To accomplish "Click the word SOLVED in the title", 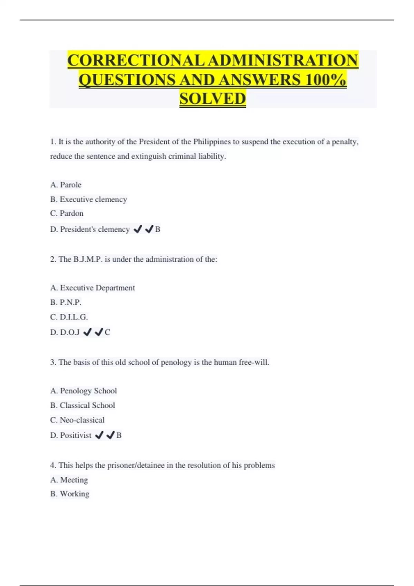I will pyautogui.click(x=213, y=99).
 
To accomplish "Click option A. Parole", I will pyautogui.click(x=66, y=185).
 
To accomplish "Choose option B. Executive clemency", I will pyautogui.click(x=89, y=199).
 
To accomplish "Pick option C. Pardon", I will pyautogui.click(x=67, y=213).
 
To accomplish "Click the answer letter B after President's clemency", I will pyautogui.click(x=158, y=229).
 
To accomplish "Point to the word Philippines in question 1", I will pyautogui.click(x=212, y=142).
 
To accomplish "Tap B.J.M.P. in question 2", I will pyautogui.click(x=88, y=259).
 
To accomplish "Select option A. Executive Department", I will pyautogui.click(x=92, y=288).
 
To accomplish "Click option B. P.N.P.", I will pyautogui.click(x=66, y=302).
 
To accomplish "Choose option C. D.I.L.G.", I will pyautogui.click(x=69, y=317).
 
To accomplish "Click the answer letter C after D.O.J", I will pyautogui.click(x=107, y=332).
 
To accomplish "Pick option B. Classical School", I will pyautogui.click(x=83, y=405).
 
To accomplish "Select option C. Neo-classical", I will pyautogui.click(x=77, y=420).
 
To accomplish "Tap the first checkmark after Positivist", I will pyautogui.click(x=99, y=435).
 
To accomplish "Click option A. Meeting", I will pyautogui.click(x=69, y=480).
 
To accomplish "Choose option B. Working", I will pyautogui.click(x=70, y=494).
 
